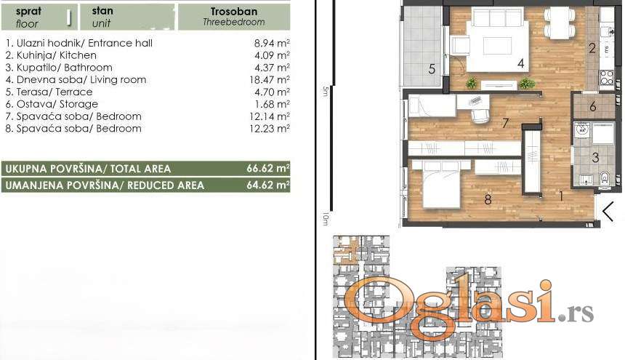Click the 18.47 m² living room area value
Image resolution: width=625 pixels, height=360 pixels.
[x=270, y=80]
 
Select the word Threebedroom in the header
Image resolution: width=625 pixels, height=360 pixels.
[x=233, y=23]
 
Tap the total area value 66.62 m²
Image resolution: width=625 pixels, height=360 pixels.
[x=268, y=168]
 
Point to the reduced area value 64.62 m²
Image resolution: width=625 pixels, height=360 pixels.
[x=268, y=185]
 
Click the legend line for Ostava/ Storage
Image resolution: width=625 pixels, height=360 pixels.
[x=52, y=104]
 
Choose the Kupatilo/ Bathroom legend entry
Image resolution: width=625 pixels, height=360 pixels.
[x=59, y=68]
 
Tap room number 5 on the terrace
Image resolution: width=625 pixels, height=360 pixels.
[x=432, y=69]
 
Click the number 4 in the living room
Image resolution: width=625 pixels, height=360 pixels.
[x=520, y=63]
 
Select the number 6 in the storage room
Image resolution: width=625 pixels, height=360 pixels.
[x=593, y=106]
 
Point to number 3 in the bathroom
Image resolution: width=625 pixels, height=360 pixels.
[x=595, y=158]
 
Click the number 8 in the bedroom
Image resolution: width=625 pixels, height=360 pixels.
[x=488, y=199]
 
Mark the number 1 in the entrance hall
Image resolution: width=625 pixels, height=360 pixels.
[x=561, y=196]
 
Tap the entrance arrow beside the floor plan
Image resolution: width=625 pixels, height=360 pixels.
[x=608, y=212]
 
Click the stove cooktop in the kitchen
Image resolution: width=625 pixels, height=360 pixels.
[x=606, y=77]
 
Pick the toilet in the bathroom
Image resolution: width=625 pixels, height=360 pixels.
[x=605, y=177]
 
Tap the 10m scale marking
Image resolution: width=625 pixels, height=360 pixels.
[x=326, y=218]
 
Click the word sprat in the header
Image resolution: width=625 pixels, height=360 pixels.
[x=28, y=11]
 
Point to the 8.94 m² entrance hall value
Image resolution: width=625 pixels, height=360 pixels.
[x=272, y=43]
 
